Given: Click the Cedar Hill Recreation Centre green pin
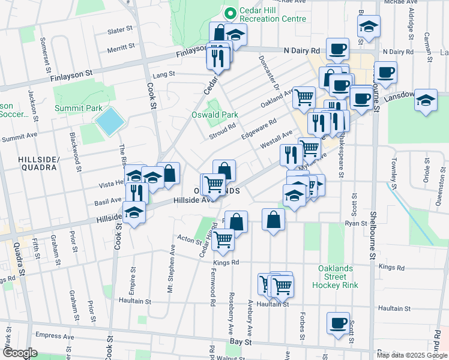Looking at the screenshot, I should [229, 12].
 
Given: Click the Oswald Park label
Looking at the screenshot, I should [214, 115].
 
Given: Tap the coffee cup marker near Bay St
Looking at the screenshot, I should [337, 322].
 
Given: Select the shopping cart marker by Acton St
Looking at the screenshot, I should [223, 239].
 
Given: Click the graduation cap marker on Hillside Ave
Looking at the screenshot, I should [134, 212].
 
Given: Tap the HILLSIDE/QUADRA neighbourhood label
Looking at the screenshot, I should [38, 163].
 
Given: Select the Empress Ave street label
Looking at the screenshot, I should [53, 337].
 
